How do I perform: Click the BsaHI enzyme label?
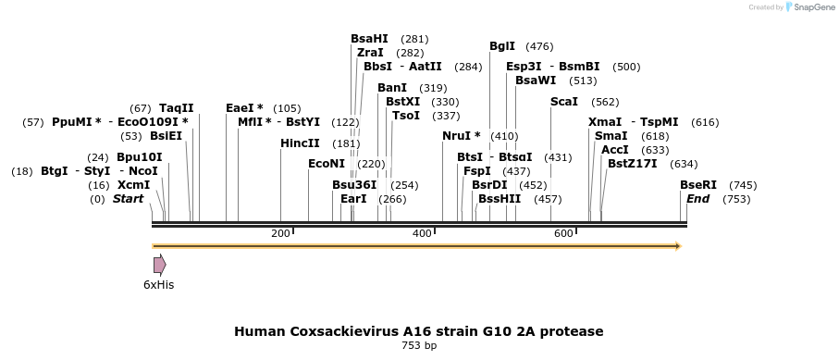(x=369, y=39)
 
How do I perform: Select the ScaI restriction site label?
(x=564, y=102)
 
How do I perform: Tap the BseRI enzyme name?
(x=698, y=185)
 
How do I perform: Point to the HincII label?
(x=300, y=143)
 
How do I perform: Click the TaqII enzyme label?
(x=177, y=109)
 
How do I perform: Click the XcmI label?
(x=134, y=185)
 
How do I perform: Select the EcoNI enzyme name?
(x=327, y=164)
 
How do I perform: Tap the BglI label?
(x=502, y=46)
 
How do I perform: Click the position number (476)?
(x=539, y=47)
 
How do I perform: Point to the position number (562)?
(x=605, y=103)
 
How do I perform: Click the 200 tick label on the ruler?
(x=280, y=233)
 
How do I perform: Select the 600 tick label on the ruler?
(x=563, y=233)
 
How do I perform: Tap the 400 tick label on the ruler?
(x=422, y=233)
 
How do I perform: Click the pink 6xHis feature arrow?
(x=160, y=266)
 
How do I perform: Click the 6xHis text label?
(x=159, y=285)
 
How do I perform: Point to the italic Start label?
(x=128, y=199)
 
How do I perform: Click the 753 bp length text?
(x=419, y=345)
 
